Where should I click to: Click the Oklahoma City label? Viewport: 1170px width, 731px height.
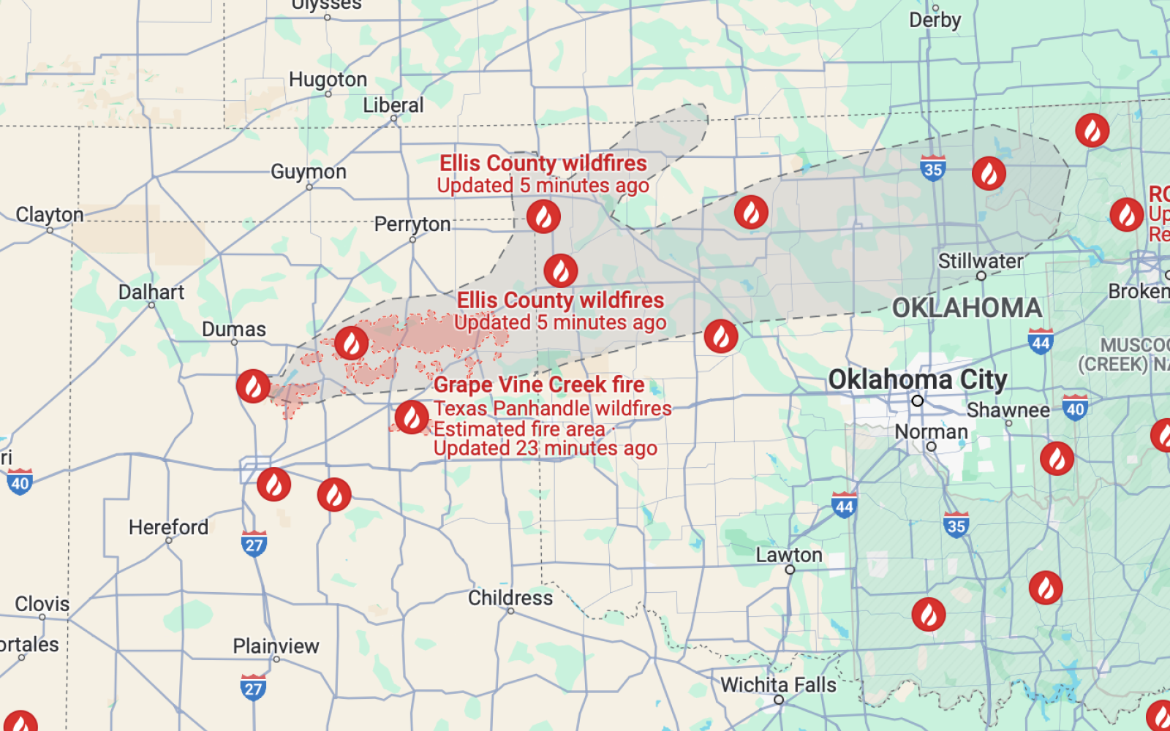coord(917,380)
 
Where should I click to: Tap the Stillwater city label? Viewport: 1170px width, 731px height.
coord(980,261)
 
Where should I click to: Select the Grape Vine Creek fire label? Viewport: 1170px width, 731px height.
coord(539,385)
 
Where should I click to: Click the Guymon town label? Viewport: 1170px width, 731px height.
coord(308,172)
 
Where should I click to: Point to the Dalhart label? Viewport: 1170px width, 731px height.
coord(151,292)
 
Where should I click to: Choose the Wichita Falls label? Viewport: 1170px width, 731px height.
coord(778,685)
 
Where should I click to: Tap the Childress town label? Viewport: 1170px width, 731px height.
coord(510,598)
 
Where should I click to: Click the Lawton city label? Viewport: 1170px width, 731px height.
coord(789,555)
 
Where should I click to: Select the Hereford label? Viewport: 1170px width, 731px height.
coord(168,527)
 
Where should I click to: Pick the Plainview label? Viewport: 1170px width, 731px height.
coord(276,646)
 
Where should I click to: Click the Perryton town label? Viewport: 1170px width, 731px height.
coord(412,224)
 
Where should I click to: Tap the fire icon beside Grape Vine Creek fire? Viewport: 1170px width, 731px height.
coord(412,417)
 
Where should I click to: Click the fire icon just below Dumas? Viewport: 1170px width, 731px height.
coord(253,386)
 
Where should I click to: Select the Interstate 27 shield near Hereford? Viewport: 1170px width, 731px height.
coord(254,545)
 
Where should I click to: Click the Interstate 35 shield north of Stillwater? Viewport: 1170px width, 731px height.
coord(932,169)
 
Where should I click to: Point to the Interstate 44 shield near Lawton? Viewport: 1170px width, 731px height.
coord(844,505)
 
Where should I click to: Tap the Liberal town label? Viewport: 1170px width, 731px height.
coord(393,105)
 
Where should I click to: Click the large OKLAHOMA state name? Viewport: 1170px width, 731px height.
coord(967,308)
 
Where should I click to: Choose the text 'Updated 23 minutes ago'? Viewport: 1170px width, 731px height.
coord(545,448)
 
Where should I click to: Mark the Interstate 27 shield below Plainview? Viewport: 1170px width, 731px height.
coord(253,687)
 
